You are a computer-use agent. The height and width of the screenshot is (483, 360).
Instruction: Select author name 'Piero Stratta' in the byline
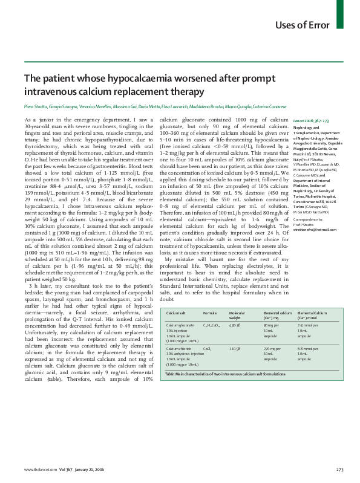tap(35, 106)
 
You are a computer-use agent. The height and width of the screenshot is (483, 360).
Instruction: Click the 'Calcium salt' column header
tap(177, 313)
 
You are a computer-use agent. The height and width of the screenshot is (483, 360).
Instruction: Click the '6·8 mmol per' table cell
tap(308, 349)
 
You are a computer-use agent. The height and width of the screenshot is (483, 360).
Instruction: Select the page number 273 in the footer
tap(340, 469)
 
